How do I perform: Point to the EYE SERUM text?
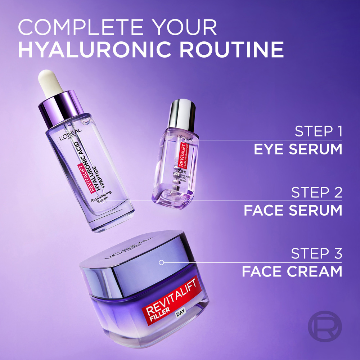[x=298, y=149]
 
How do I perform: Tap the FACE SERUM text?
[x=293, y=210]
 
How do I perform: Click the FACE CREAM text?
[x=292, y=271]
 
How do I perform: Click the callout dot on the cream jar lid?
[x=161, y=262]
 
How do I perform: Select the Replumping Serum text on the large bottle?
[x=101, y=197]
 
